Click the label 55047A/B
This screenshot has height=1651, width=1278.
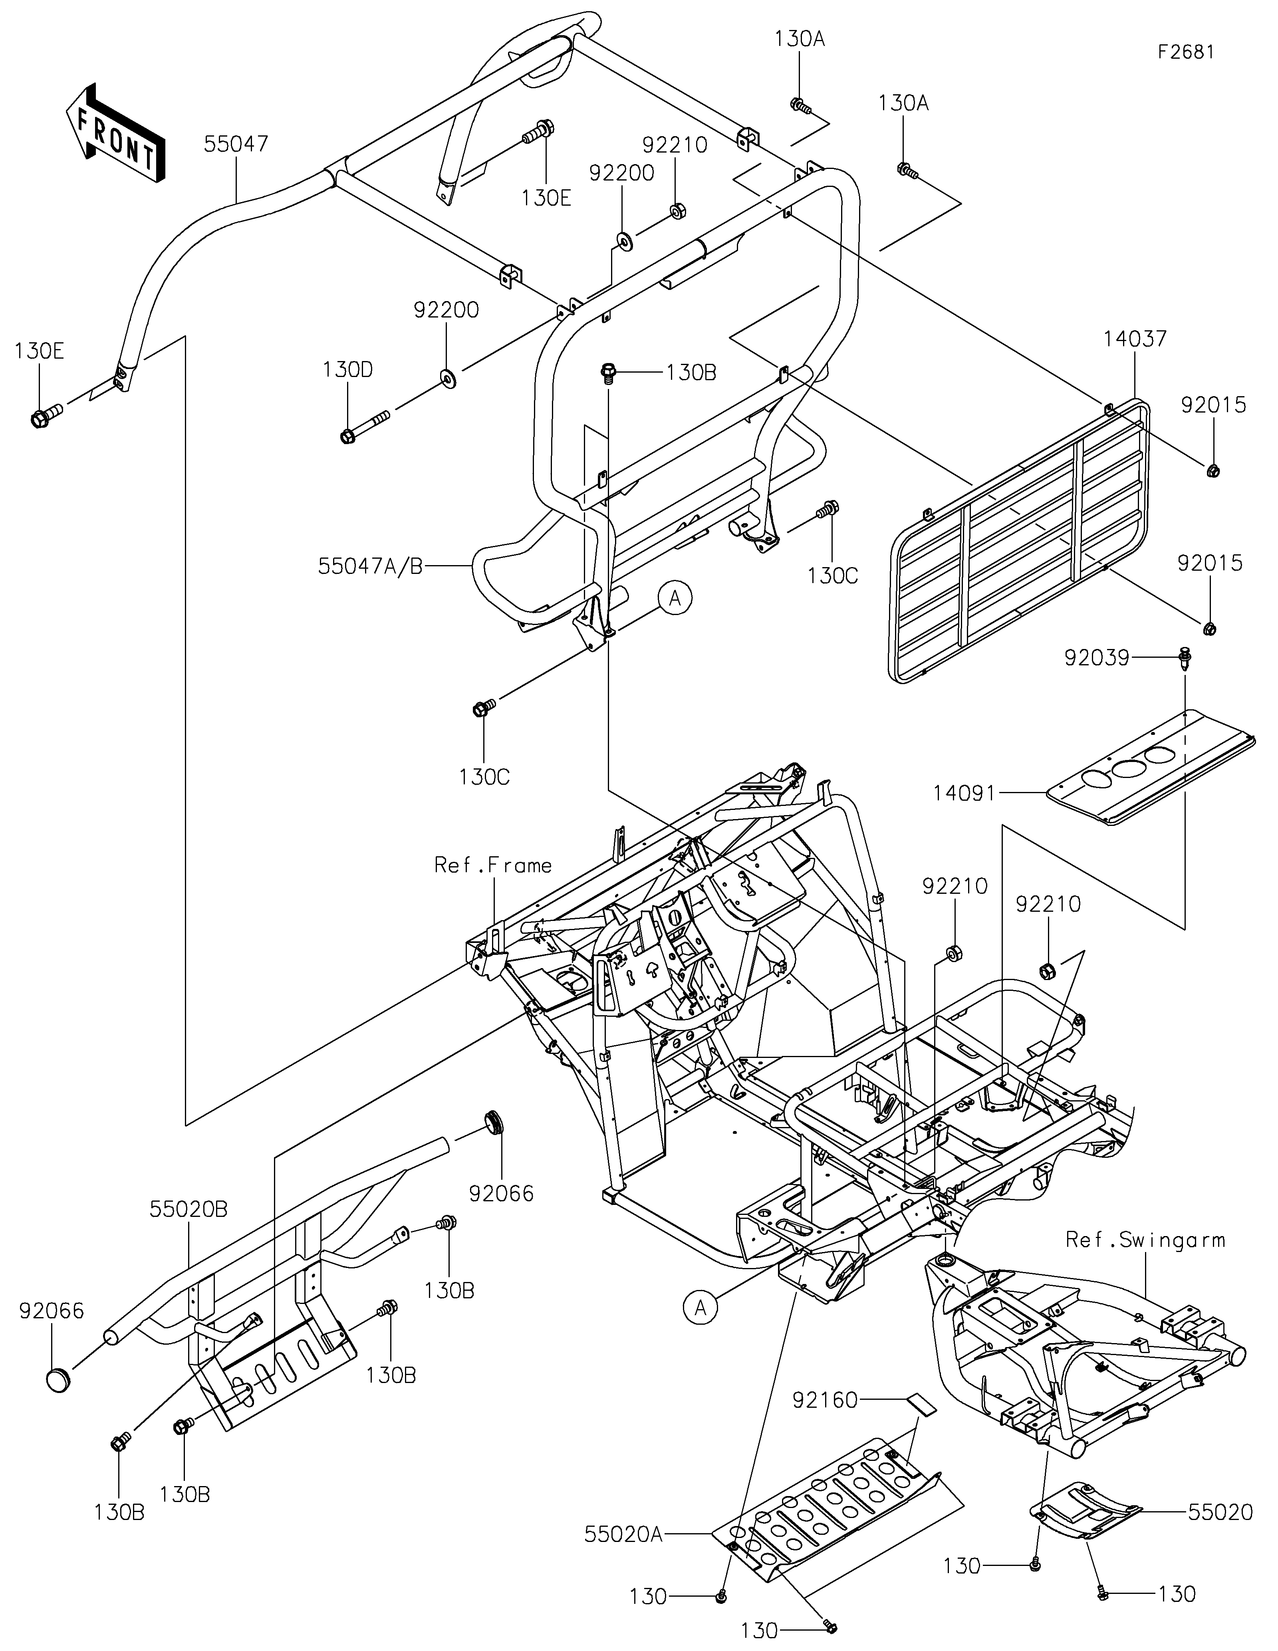[370, 566]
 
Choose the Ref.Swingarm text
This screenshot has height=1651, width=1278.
[1145, 1240]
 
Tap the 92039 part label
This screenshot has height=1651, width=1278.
[1097, 658]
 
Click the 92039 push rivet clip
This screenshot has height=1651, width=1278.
[1184, 661]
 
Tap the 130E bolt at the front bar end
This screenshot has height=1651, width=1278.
[46, 415]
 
